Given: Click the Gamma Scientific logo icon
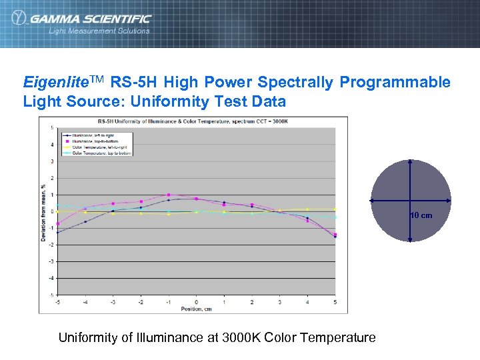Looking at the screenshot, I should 18,19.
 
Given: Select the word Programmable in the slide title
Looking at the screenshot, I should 395,83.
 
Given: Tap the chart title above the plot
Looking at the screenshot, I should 193,121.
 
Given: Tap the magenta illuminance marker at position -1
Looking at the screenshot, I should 169,195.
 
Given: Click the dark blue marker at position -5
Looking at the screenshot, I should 57,232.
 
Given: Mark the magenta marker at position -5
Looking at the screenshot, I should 57,223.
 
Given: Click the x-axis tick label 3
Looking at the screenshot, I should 279,303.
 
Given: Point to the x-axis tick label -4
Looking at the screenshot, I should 85,303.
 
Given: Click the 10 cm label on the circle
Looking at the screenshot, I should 421,215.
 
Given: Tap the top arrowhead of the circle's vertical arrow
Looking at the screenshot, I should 411,161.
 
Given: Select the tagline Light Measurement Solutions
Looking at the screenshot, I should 99,31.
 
